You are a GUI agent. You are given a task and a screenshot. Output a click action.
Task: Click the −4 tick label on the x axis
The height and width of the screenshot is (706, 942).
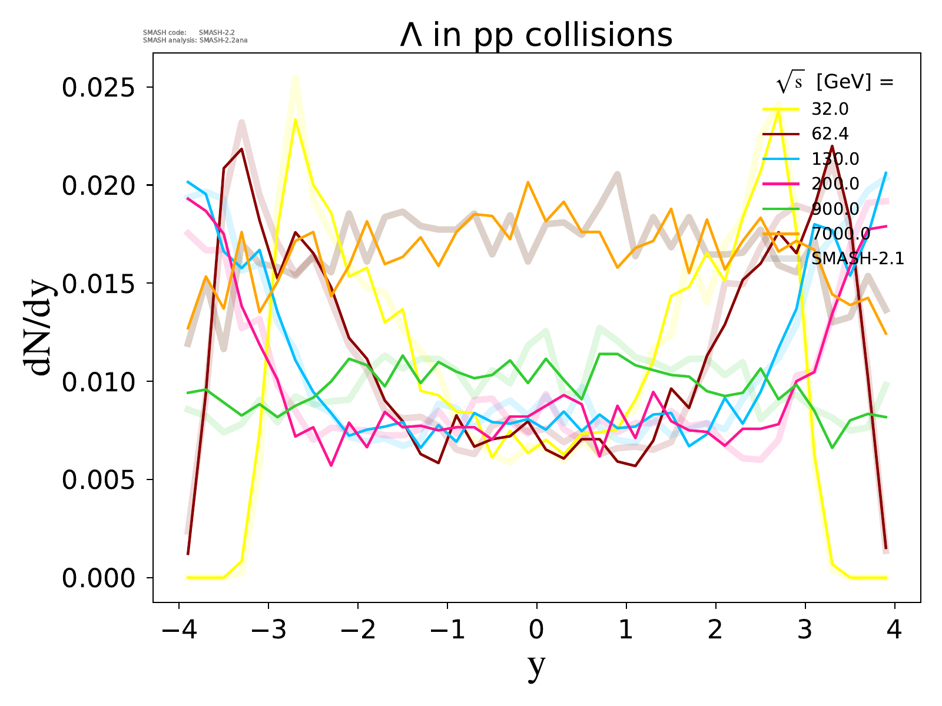click(178, 630)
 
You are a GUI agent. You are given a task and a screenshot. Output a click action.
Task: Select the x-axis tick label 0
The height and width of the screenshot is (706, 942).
click(536, 630)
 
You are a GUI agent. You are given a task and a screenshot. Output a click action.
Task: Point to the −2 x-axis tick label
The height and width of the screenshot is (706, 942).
click(357, 630)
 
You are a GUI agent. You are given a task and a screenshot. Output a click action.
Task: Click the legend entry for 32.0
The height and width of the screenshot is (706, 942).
click(830, 109)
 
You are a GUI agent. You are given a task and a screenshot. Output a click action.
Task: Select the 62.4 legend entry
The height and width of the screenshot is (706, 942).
click(830, 134)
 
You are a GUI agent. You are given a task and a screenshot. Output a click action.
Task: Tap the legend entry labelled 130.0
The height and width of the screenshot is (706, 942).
click(835, 159)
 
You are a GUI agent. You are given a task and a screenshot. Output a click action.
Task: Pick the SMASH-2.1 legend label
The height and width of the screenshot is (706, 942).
click(857, 258)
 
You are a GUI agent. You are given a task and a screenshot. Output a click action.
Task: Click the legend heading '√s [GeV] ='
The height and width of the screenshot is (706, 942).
click(835, 83)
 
